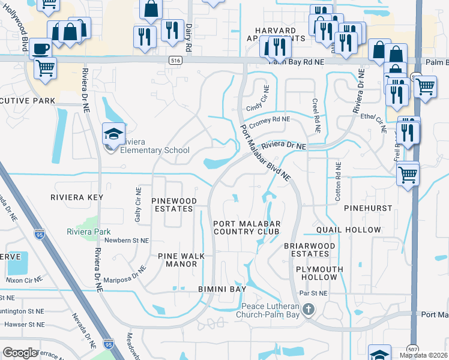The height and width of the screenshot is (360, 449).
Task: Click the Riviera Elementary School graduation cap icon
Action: (x=112, y=133)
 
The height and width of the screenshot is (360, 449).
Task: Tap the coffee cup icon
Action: (x=41, y=48)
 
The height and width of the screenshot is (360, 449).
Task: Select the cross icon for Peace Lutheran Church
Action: (x=309, y=310)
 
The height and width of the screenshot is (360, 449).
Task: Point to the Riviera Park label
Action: (x=88, y=232)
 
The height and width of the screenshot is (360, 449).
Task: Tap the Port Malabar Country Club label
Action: (x=247, y=227)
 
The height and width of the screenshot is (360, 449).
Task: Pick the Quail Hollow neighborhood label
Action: (x=349, y=230)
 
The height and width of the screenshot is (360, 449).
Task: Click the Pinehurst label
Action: (x=368, y=208)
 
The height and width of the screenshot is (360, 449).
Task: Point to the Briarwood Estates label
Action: (x=307, y=250)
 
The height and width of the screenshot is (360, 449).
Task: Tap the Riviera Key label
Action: (x=76, y=197)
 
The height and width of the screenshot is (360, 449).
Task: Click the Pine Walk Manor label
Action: (x=181, y=260)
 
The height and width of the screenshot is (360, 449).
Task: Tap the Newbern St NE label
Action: (x=127, y=241)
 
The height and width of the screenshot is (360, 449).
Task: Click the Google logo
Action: (x=20, y=353)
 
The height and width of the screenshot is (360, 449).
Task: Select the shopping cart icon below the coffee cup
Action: (x=45, y=68)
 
